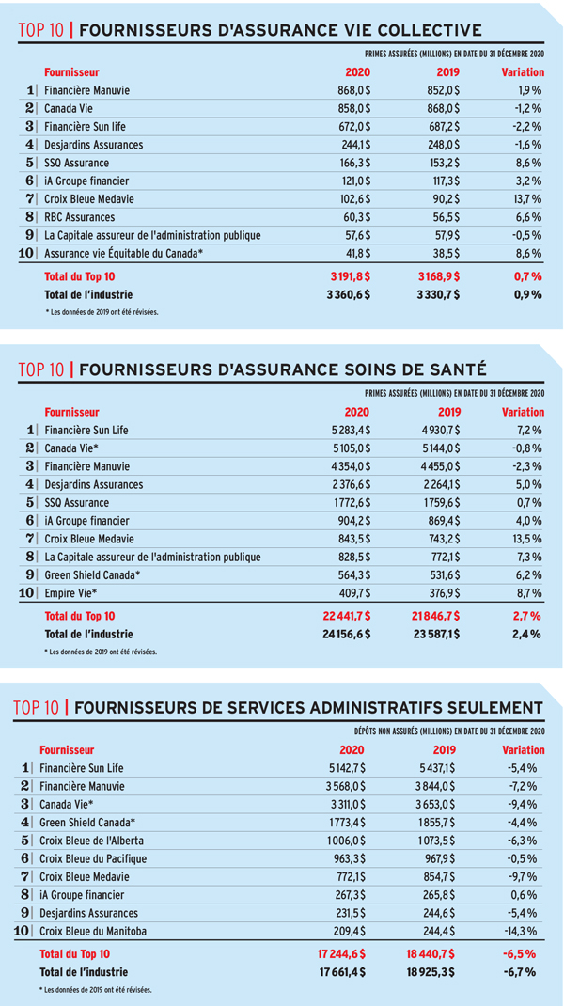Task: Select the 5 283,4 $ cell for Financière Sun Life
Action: (x=349, y=430)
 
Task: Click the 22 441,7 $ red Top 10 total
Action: (x=346, y=617)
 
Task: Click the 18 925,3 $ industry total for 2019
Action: (x=435, y=972)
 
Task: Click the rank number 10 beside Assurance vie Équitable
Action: (x=27, y=254)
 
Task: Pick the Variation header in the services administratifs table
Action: (x=523, y=749)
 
